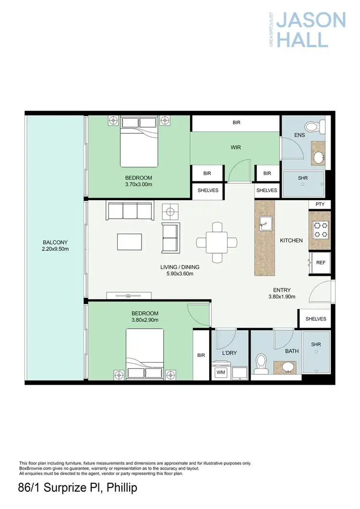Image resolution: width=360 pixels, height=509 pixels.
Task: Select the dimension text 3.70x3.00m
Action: pyautogui.click(x=138, y=184)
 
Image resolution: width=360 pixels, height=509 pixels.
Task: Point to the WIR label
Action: pyautogui.click(x=235, y=147)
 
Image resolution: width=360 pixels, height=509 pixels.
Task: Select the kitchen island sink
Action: pyautogui.click(x=264, y=222)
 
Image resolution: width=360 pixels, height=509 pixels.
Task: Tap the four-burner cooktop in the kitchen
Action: pyautogui.click(x=320, y=229)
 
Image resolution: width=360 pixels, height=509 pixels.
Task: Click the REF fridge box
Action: pyautogui.click(x=320, y=262)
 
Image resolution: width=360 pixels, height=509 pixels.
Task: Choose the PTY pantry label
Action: pyautogui.click(x=320, y=204)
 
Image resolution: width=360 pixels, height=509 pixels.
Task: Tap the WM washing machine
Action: pyautogui.click(x=221, y=372)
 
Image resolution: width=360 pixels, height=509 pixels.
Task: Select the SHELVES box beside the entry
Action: pyautogui.click(x=315, y=319)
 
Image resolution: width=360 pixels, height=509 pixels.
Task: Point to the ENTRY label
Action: pyautogui.click(x=281, y=290)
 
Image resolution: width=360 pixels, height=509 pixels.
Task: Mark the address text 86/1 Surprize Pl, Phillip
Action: pyautogui.click(x=77, y=489)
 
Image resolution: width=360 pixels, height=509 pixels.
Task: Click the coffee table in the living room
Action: pyautogui.click(x=130, y=241)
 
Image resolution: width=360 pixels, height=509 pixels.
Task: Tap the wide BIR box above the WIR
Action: pyautogui.click(x=236, y=123)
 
